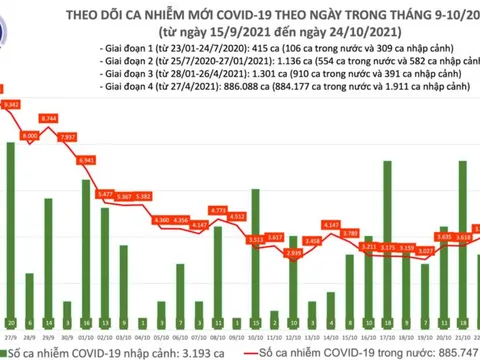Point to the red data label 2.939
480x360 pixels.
tap(293, 254)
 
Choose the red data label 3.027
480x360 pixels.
tap(425, 251)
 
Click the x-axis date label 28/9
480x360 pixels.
tap(29, 339)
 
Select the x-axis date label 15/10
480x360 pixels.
tap(349, 339)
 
